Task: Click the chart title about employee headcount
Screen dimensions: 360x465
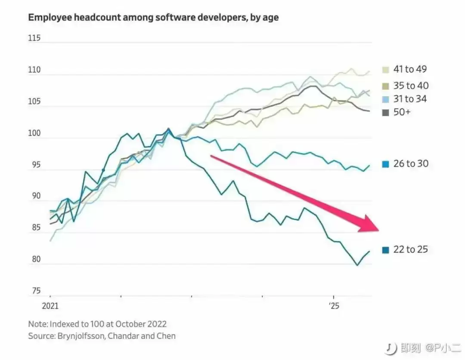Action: point(153,18)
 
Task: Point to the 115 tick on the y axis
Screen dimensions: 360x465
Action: point(34,38)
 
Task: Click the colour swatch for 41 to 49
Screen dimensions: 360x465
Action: point(385,70)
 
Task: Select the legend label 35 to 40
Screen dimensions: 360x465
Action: point(411,86)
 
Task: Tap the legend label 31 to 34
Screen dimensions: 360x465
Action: point(410,99)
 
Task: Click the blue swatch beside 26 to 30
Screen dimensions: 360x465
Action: point(385,164)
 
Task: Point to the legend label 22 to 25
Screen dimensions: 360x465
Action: point(410,249)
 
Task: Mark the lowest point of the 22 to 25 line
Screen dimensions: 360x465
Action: point(357,265)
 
